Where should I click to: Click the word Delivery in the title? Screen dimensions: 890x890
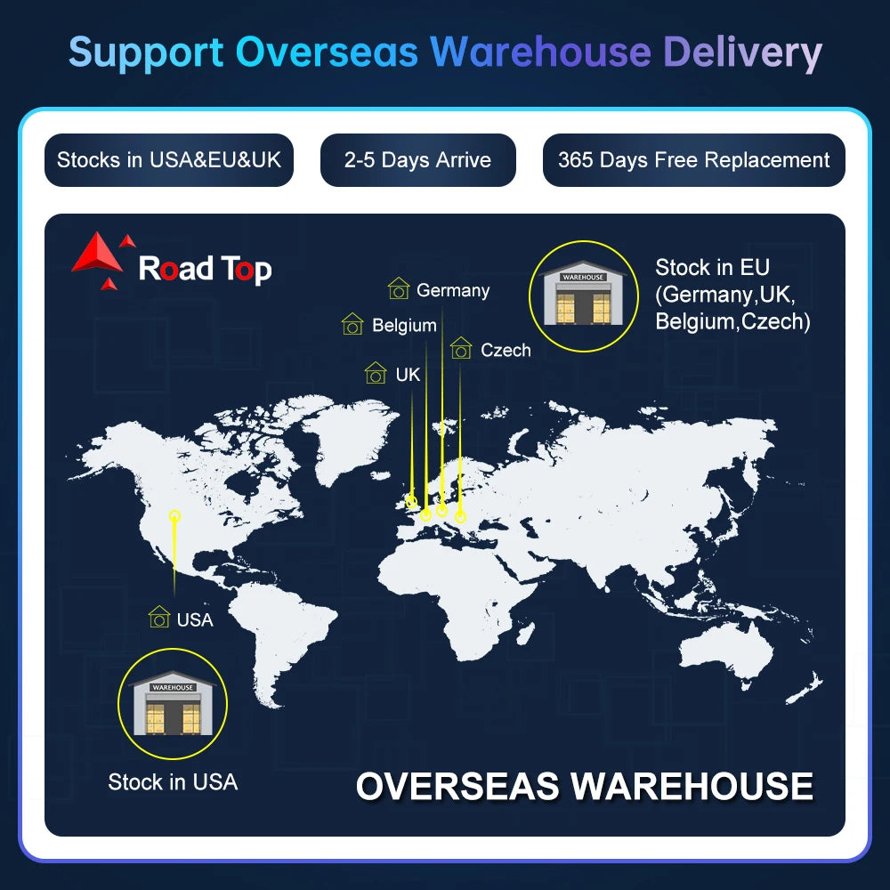tap(742, 53)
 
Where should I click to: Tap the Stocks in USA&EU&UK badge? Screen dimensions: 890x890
tap(168, 160)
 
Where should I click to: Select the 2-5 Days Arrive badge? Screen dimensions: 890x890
tap(417, 160)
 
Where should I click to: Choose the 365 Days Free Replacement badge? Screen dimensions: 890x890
tap(693, 160)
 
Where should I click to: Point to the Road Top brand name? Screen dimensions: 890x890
tap(205, 269)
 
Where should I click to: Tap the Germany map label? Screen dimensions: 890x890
tap(453, 290)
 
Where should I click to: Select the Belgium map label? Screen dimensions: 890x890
tap(404, 325)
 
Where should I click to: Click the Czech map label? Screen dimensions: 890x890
tap(506, 350)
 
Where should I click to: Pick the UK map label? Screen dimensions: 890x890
tap(408, 375)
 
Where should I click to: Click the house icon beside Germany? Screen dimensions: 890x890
tap(399, 288)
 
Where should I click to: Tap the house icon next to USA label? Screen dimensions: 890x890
tap(159, 617)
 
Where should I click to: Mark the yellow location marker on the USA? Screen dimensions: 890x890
tap(174, 516)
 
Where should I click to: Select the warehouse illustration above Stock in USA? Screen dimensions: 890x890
tap(173, 704)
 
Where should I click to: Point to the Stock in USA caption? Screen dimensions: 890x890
tap(173, 782)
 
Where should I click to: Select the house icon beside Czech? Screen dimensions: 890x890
tap(461, 348)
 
